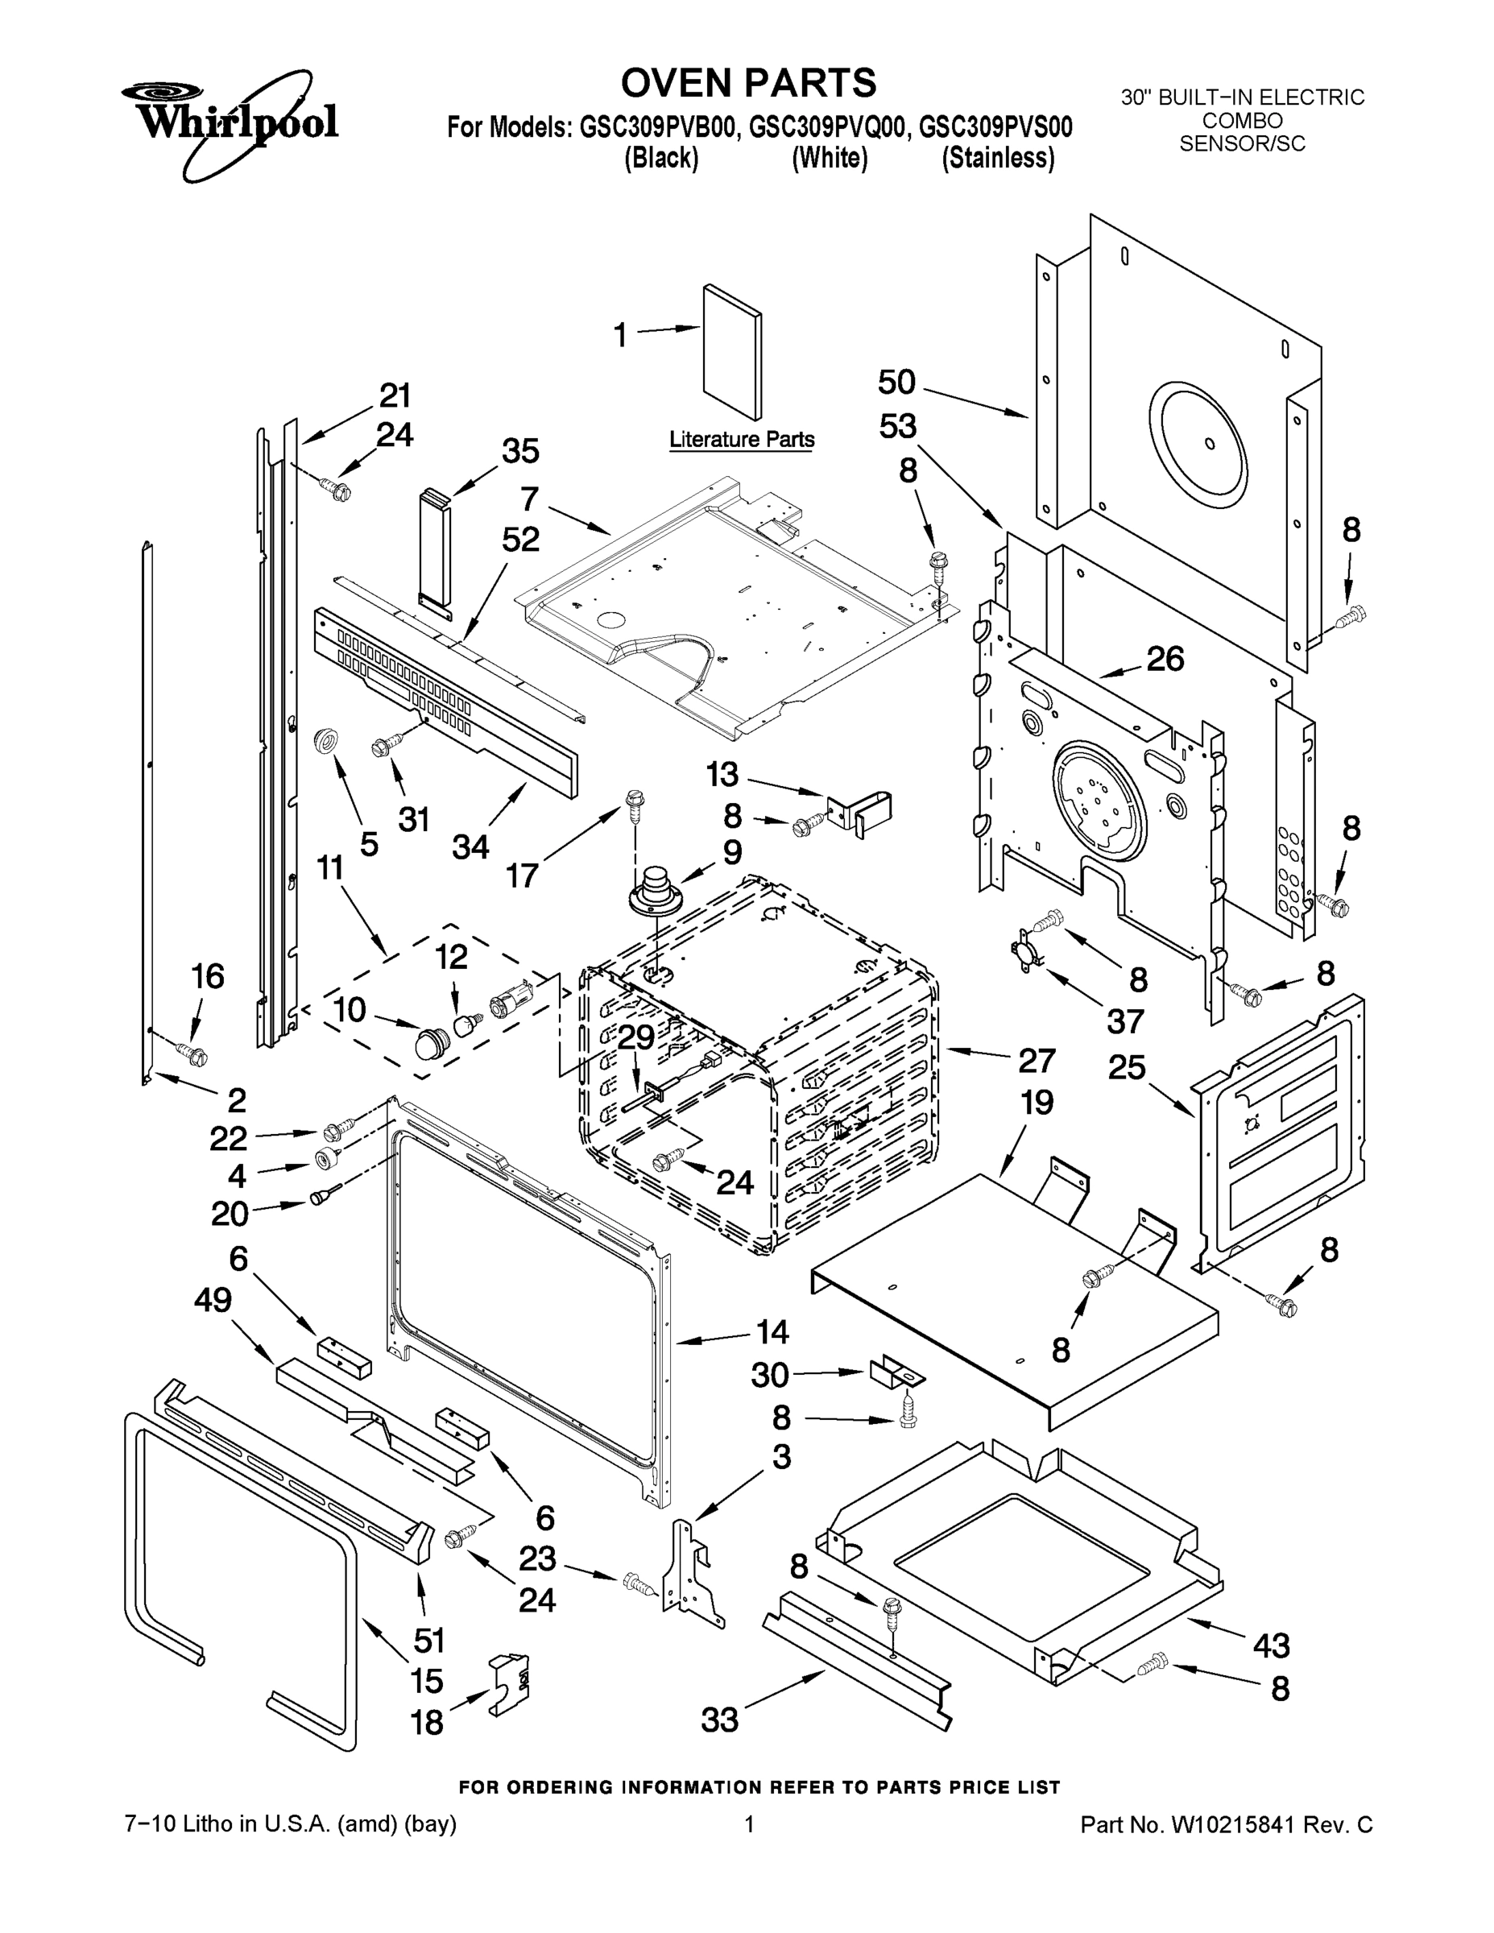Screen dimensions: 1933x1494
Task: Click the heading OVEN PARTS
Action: [748, 83]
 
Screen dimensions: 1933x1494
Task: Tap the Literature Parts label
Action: [742, 439]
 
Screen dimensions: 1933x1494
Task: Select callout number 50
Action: [896, 383]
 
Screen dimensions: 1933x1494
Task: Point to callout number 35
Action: [520, 450]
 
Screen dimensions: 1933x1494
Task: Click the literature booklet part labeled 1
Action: [732, 351]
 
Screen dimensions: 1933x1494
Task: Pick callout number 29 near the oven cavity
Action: [635, 1037]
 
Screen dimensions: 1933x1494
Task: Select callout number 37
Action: [1125, 1020]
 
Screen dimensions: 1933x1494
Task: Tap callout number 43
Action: [1271, 1645]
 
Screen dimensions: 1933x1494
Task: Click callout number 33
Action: [719, 1720]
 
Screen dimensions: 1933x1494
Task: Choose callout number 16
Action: [208, 976]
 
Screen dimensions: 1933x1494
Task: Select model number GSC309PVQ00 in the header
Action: [829, 127]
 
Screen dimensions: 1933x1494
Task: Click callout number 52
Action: [520, 539]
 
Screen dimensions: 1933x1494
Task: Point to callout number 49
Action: [213, 1300]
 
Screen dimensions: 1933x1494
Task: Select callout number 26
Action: [1165, 659]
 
